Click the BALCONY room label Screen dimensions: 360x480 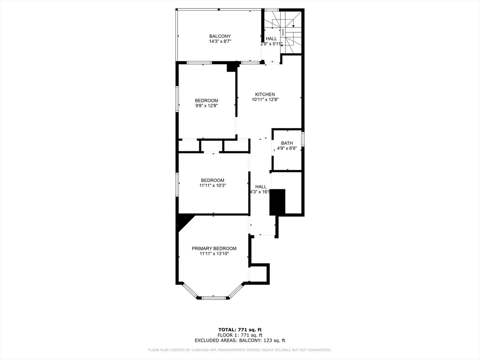(x=220, y=36)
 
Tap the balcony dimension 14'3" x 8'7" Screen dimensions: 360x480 (x=220, y=42)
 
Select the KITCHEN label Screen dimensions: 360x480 (x=265, y=94)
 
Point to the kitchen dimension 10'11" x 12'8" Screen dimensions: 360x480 (x=265, y=99)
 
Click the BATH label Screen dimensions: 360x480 (x=287, y=143)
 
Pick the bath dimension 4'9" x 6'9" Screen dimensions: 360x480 (x=287, y=149)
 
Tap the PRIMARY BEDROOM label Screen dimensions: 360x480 (x=214, y=248)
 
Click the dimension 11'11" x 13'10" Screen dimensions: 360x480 (x=214, y=254)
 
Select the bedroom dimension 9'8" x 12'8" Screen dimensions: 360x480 (x=206, y=106)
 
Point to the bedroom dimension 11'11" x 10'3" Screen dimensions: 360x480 (x=212, y=186)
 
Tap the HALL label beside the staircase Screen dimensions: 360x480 (x=271, y=38)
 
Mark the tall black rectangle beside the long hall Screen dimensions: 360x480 (x=277, y=202)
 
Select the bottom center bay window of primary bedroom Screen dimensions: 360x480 (x=214, y=297)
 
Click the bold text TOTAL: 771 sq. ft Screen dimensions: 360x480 (x=240, y=330)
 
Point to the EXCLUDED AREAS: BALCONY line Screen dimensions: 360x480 (x=240, y=341)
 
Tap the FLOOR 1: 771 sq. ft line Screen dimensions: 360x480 (x=240, y=335)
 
